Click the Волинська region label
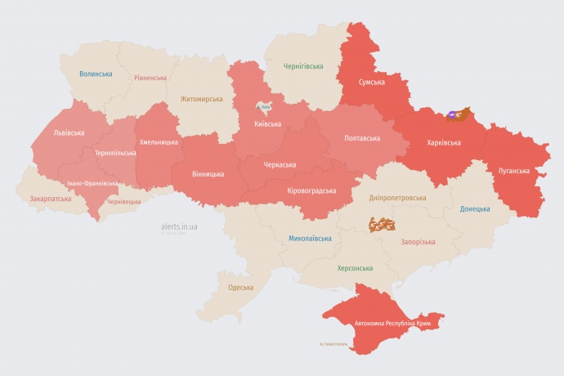coord(96,74)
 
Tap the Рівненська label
coord(150,78)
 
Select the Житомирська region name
coord(201,99)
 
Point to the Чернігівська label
coord(302,66)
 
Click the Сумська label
coord(373,82)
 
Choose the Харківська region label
coord(444,142)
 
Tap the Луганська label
coord(514,171)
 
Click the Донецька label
coord(475,208)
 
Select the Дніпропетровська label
coord(397,198)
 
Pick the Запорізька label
coord(418,242)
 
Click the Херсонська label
coord(355,268)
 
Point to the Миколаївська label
coord(310,239)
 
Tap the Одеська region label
coord(240,287)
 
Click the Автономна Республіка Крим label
coord(392,324)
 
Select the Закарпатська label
coord(50,198)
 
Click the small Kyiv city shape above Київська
coord(264,107)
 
